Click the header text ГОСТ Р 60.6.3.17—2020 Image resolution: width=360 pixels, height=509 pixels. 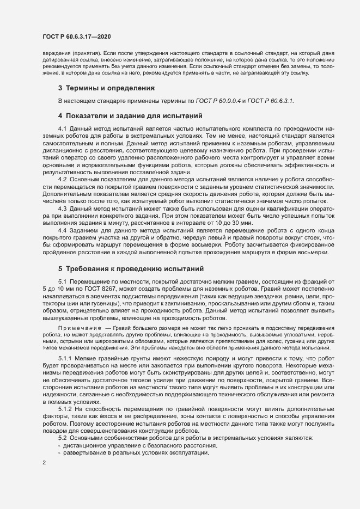[77, 36]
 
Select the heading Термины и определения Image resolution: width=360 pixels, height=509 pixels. [109, 88]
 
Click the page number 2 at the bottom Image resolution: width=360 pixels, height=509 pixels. [44, 463]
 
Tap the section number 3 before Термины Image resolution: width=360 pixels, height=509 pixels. [60, 88]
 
